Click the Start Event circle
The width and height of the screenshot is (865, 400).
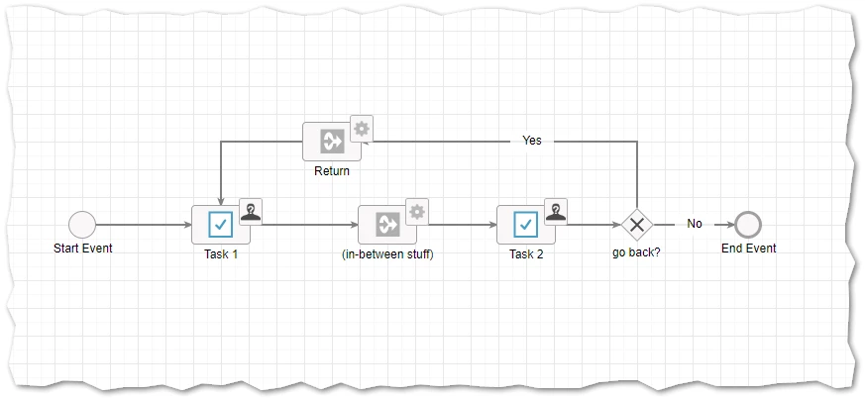[82, 225]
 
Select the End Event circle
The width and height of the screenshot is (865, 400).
[748, 225]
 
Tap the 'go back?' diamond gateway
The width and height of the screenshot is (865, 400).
[637, 225]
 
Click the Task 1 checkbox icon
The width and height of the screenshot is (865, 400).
[221, 225]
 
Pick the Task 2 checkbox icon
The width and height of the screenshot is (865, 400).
[526, 225]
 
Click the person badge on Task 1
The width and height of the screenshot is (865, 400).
[251, 212]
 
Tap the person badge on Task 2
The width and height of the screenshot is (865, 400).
[556, 212]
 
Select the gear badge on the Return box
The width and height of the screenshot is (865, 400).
[362, 129]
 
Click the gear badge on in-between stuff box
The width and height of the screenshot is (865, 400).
[417, 212]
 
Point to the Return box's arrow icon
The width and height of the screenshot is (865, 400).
[332, 142]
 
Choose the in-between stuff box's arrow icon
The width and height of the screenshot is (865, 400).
[387, 225]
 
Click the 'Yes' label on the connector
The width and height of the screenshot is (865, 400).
[532, 141]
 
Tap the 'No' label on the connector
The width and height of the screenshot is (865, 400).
[695, 224]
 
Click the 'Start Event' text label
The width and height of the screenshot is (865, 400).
[83, 248]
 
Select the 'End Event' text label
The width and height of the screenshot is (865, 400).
[749, 248]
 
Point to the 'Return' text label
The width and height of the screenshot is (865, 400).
[332, 171]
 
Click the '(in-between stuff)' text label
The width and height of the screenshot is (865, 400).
[387, 254]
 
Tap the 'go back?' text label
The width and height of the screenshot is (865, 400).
[637, 254]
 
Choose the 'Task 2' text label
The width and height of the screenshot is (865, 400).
[526, 254]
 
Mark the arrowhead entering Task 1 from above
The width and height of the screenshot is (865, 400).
[221, 201]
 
